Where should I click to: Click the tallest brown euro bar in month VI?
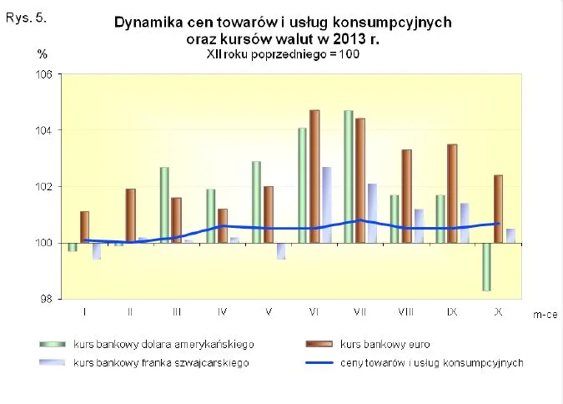coord(314,176)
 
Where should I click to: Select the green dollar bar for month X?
coord(485,266)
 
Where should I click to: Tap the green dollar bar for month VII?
coord(348,176)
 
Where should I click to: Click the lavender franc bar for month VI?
coord(327,205)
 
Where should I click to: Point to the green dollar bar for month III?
coord(164,205)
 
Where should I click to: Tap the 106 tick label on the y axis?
coord(43,74)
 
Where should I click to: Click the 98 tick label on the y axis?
coord(46,299)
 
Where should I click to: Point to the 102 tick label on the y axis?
coord(43,187)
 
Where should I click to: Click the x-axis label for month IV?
coord(223,311)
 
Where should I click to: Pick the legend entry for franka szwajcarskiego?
coord(162,362)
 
